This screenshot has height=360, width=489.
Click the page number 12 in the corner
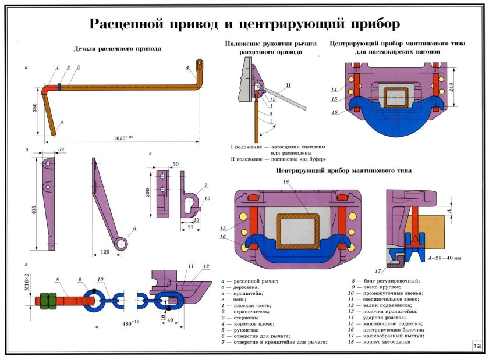click(477, 346)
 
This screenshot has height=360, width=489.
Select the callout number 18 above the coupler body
click(285, 182)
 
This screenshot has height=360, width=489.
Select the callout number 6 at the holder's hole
click(135, 229)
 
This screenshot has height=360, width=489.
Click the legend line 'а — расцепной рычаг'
click(249, 281)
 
